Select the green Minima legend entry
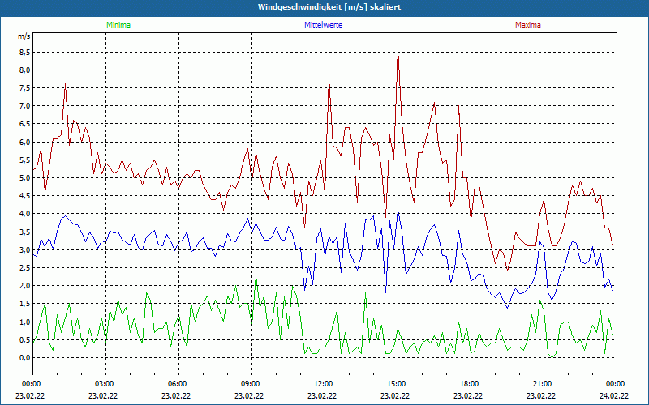pyautogui.click(x=118, y=25)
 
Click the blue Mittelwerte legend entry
pyautogui.click(x=323, y=25)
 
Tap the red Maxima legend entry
pyautogui.click(x=528, y=25)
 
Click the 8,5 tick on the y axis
pyautogui.click(x=24, y=52)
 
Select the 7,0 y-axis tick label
pyautogui.click(x=24, y=106)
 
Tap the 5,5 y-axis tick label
pyautogui.click(x=24, y=160)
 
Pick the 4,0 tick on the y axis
pyautogui.click(x=24, y=214)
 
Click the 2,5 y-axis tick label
pyautogui.click(x=24, y=267)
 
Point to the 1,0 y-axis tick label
pyautogui.click(x=24, y=322)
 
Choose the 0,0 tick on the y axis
pyautogui.click(x=24, y=357)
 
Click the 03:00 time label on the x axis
pyautogui.click(x=105, y=383)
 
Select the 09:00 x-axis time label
pyautogui.click(x=251, y=383)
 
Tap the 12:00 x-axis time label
pyautogui.click(x=324, y=383)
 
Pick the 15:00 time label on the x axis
pyautogui.click(x=397, y=383)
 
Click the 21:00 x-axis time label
pyautogui.click(x=543, y=383)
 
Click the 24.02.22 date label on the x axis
pyautogui.click(x=614, y=396)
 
